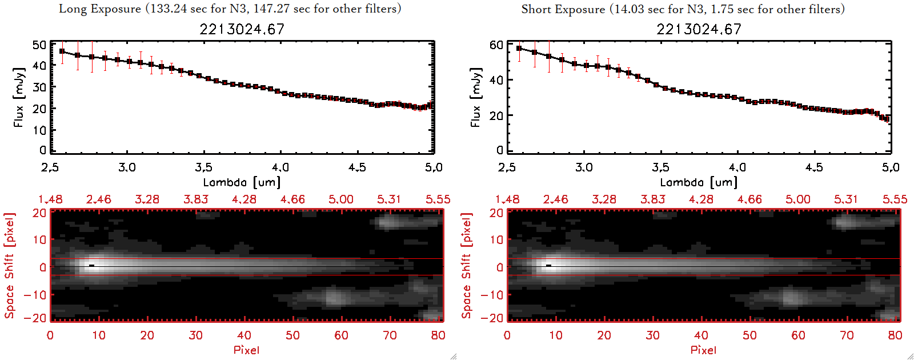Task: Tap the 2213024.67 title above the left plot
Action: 242,29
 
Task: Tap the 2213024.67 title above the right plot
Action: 699,29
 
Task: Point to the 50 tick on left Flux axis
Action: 39,45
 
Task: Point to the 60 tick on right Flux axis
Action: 496,45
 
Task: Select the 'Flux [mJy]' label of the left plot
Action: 19,97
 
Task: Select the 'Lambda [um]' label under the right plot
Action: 699,182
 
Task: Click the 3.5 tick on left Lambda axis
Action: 203,167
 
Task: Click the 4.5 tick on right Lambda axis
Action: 814,167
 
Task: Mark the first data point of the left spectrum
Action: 62,51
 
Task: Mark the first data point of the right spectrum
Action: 519,49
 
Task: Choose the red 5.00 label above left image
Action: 340,199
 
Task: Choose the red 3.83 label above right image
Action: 652,199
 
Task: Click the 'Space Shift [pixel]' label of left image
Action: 9,266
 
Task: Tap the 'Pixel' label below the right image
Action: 703,350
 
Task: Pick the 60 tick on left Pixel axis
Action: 341,335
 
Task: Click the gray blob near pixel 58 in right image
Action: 790,297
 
